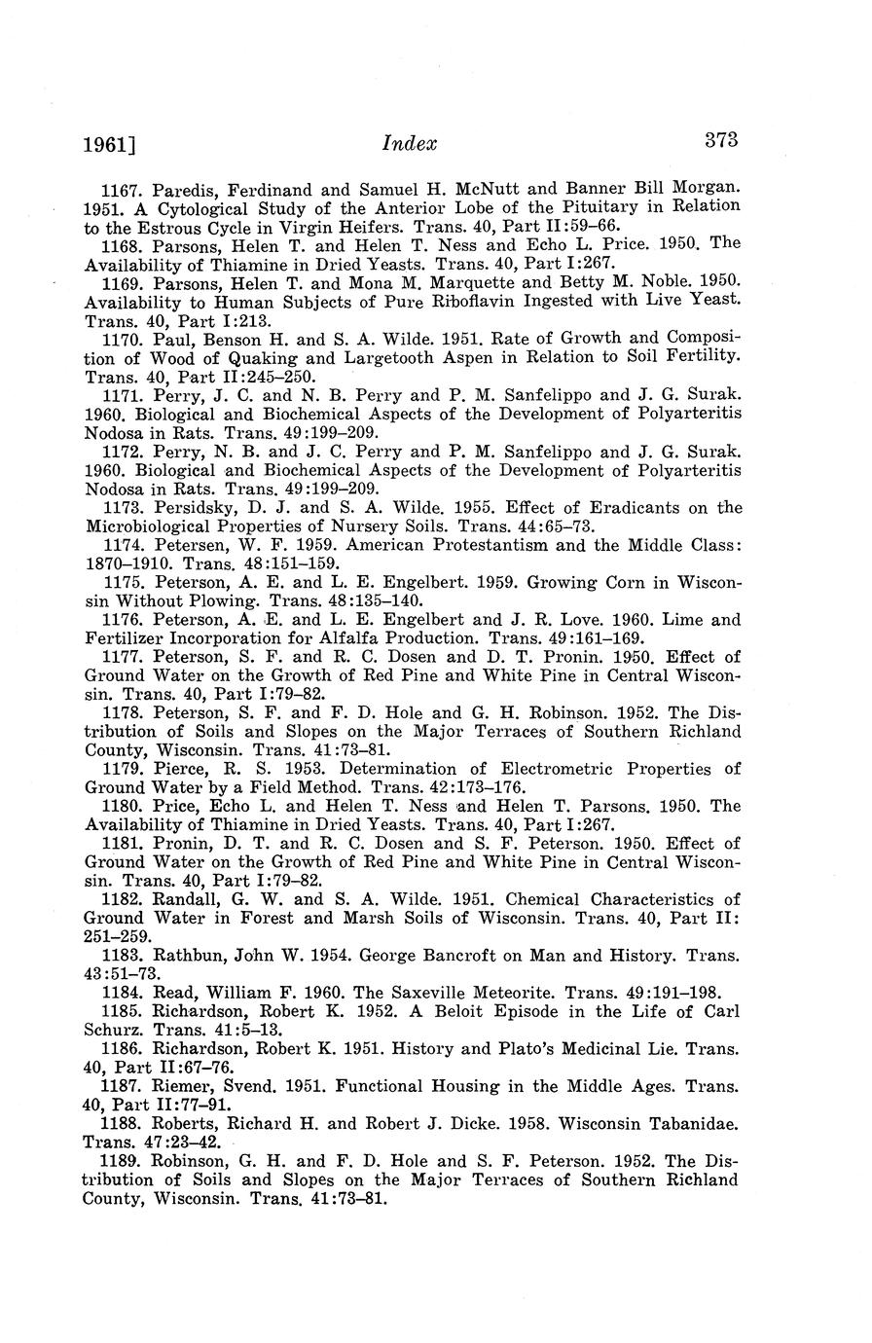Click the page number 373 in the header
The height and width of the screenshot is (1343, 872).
coord(721,139)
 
